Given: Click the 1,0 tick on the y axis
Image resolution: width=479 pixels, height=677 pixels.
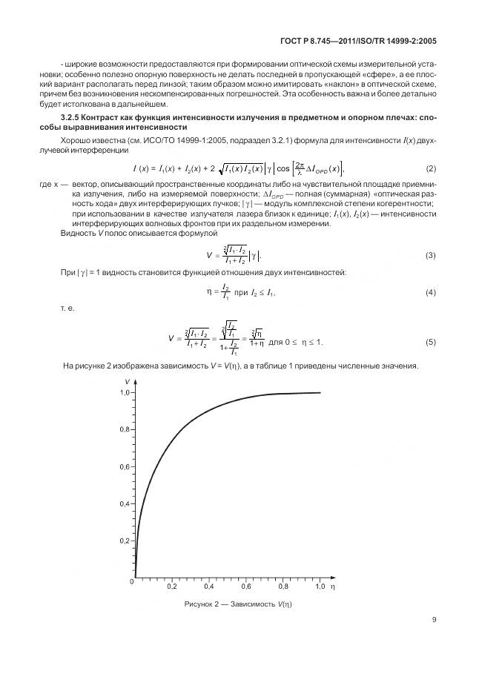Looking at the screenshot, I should click(x=125, y=392).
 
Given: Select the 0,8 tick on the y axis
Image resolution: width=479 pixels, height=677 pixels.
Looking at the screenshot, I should click(x=125, y=429).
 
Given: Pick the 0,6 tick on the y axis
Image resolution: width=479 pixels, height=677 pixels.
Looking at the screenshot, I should click(x=125, y=467).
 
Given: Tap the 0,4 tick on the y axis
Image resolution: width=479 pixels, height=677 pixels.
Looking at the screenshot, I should click(x=125, y=504).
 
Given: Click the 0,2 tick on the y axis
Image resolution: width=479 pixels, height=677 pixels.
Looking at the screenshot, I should click(x=125, y=541).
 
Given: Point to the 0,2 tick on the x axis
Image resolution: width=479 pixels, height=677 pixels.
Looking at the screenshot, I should click(x=172, y=587).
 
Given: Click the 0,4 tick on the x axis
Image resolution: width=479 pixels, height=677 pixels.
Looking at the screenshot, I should click(x=209, y=587).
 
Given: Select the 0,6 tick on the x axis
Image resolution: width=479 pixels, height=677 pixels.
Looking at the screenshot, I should click(x=246, y=587).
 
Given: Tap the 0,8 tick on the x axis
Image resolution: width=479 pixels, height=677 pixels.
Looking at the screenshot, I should click(x=283, y=587).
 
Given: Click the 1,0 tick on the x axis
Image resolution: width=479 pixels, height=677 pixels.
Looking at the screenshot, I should click(x=320, y=587).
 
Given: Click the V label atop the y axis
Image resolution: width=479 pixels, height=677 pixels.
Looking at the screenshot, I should click(x=125, y=380).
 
